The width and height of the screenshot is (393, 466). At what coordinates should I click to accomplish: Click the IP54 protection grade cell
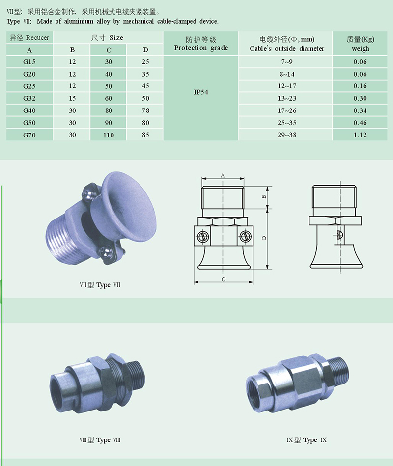pyautogui.click(x=200, y=92)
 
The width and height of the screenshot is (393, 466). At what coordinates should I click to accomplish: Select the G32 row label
pyautogui.click(x=29, y=98)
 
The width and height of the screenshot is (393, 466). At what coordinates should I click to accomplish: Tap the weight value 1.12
pyautogui.click(x=360, y=135)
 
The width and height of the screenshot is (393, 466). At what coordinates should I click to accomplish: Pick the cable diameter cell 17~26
pyautogui.click(x=287, y=110)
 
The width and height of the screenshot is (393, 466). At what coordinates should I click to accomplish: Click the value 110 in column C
pyautogui.click(x=109, y=135)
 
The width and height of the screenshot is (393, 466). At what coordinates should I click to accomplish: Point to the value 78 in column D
pyautogui.click(x=145, y=110)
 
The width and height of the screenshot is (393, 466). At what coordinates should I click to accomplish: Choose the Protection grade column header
pyautogui.click(x=201, y=44)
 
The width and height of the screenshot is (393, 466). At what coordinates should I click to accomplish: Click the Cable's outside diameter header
pyautogui.click(x=287, y=44)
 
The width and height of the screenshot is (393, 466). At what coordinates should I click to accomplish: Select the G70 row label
pyautogui.click(x=29, y=135)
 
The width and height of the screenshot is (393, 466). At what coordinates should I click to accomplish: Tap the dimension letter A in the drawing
pyautogui.click(x=223, y=176)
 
